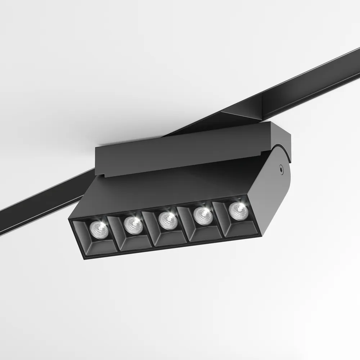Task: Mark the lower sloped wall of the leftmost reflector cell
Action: point(99,248)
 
